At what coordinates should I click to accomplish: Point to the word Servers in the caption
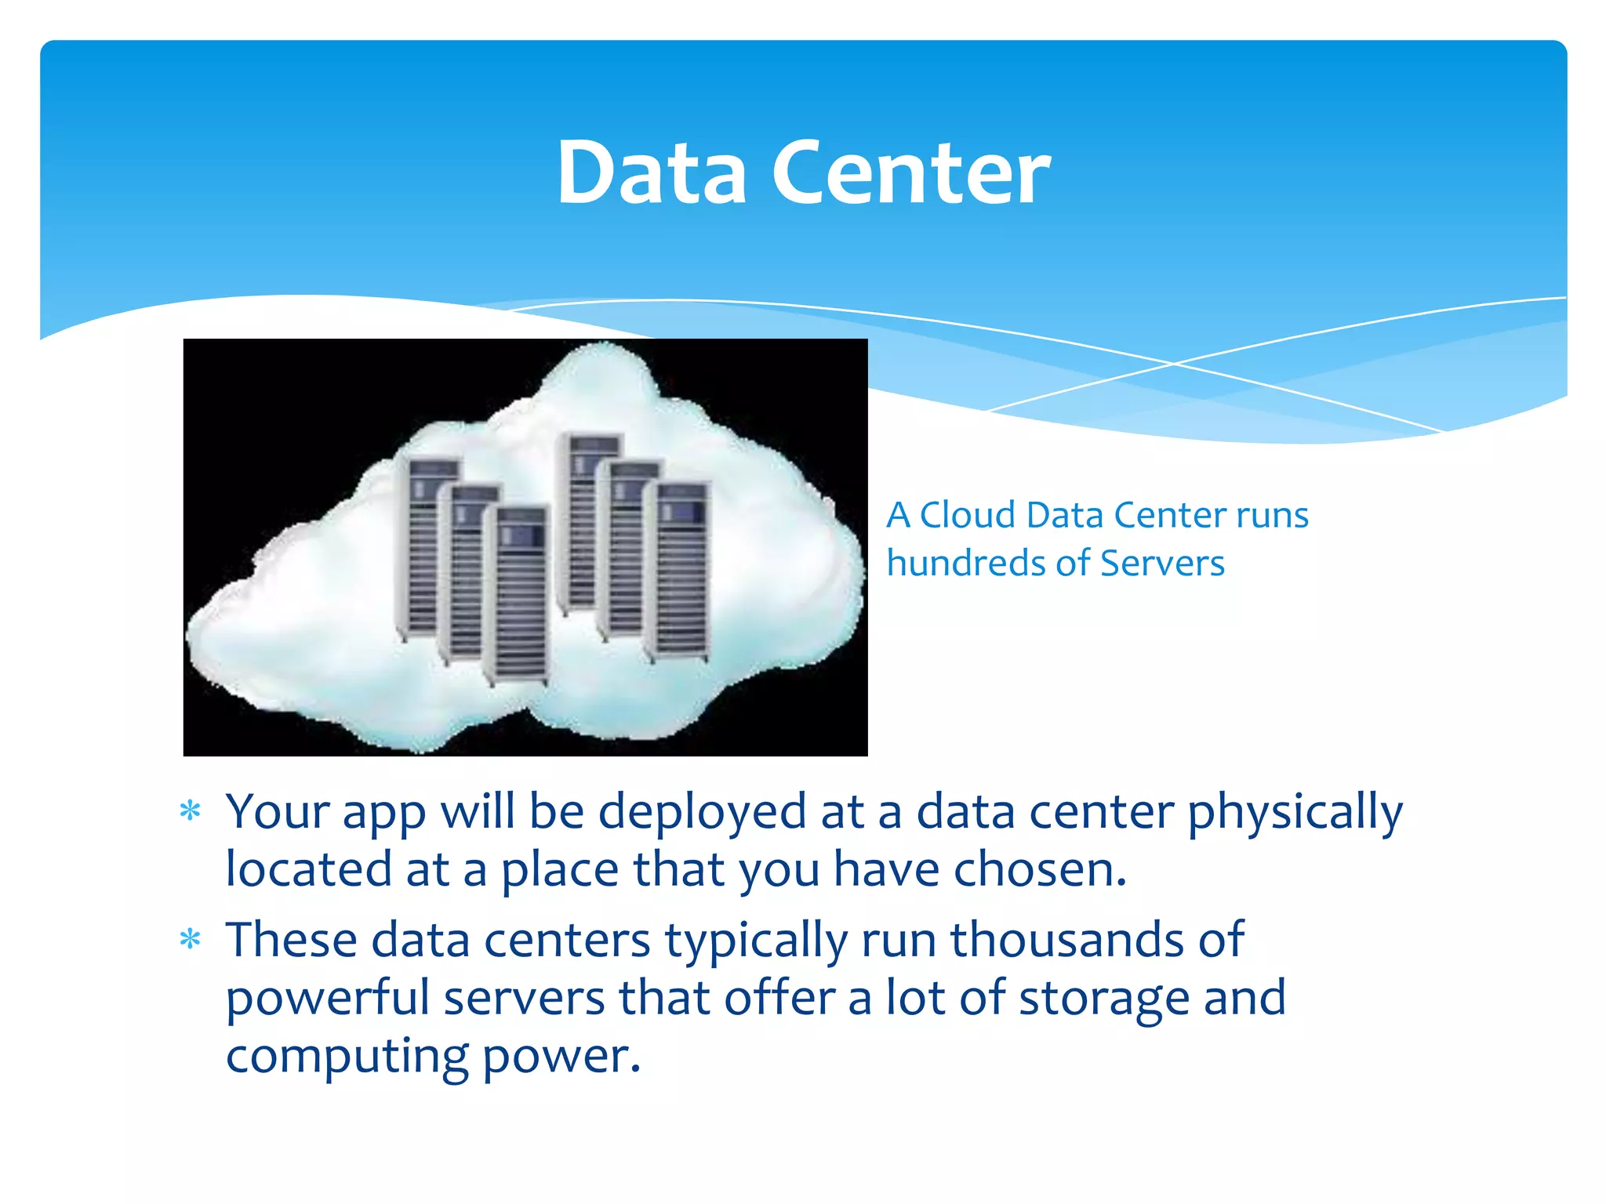1162,563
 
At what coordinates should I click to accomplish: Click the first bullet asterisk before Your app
190,811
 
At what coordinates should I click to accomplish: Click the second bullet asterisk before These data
190,939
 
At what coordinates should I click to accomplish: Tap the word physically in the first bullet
1295,812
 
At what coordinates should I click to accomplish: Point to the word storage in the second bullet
1103,998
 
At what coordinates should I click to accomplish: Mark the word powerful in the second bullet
327,998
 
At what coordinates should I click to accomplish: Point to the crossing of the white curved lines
1174,364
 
